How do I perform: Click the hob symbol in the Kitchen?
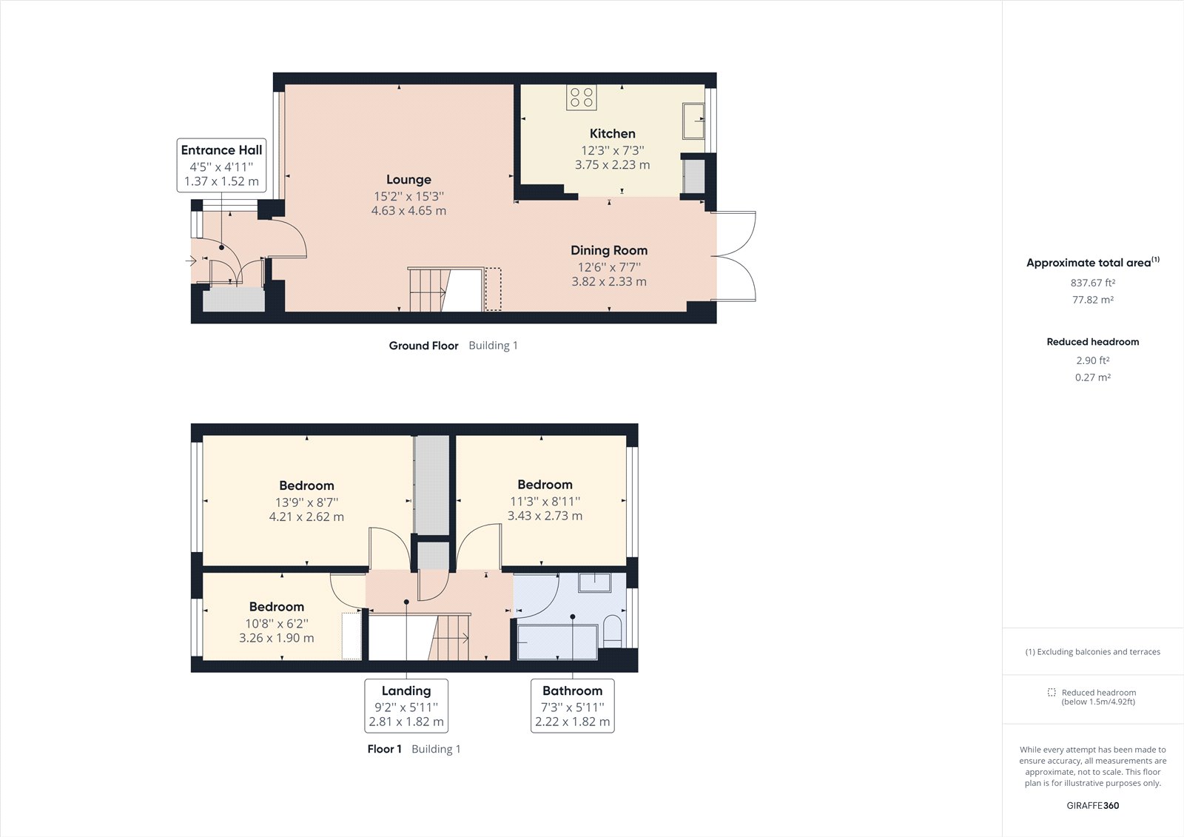582,97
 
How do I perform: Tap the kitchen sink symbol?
693,121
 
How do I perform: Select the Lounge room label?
408,180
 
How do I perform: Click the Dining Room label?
608,251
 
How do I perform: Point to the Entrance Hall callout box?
221,165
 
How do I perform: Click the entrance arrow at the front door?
191,260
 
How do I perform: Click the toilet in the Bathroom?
612,631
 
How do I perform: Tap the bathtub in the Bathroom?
557,642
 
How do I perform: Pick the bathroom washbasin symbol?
594,582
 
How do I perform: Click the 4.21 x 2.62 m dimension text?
306,517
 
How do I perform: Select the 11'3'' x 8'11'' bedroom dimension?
545,501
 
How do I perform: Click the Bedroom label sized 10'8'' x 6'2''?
276,607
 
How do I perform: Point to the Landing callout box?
406,705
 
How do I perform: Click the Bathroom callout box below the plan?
573,705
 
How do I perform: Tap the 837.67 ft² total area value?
1092,283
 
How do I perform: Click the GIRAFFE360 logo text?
1092,805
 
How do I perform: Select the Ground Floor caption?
423,346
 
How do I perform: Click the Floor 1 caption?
384,749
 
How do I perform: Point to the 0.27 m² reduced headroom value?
1092,377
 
